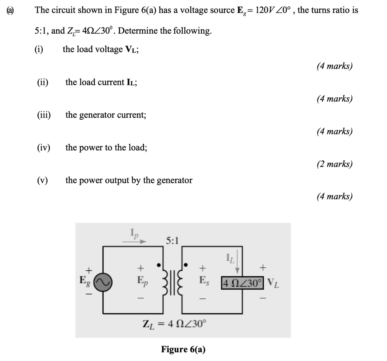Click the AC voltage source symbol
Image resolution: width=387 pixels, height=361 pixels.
(x=102, y=282)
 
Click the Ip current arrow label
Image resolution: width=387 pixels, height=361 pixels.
(x=135, y=233)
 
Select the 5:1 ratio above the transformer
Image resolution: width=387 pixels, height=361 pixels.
(x=173, y=240)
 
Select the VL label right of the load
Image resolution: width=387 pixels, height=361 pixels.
(x=274, y=282)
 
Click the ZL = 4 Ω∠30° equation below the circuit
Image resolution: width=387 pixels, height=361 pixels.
(x=175, y=324)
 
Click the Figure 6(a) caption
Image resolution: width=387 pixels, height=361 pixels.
(x=183, y=349)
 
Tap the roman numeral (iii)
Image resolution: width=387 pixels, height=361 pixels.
(x=44, y=115)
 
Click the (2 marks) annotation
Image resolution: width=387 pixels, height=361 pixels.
(x=334, y=164)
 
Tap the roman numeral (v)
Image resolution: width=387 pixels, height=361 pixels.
(x=42, y=180)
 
